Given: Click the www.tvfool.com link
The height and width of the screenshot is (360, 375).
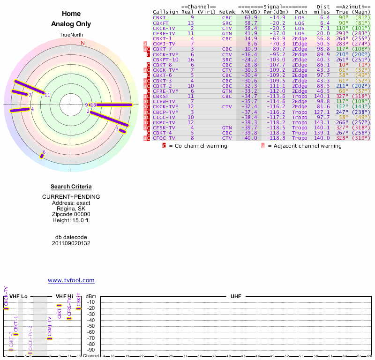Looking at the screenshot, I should [x=71, y=280].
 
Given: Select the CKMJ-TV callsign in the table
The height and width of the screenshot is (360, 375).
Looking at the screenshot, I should [x=163, y=44].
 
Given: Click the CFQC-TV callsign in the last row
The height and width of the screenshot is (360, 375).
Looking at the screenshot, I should [x=163, y=138].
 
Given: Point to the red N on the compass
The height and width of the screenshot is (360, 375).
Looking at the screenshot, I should [x=83, y=43].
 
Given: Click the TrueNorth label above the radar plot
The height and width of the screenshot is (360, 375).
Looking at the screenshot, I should [x=71, y=35].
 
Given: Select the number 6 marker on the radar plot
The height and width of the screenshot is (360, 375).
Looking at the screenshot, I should [x=44, y=152].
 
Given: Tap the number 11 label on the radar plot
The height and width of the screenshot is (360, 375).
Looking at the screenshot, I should [x=47, y=95].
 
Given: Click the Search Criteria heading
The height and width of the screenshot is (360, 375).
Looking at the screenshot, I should [x=71, y=187].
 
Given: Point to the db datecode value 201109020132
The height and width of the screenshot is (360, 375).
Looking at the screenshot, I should [x=71, y=243].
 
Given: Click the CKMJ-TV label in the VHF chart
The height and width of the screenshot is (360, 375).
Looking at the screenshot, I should [x=49, y=327].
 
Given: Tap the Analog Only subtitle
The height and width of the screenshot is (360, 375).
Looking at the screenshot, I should [x=71, y=24].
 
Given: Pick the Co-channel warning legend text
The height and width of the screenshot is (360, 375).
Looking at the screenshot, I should [x=197, y=146].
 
